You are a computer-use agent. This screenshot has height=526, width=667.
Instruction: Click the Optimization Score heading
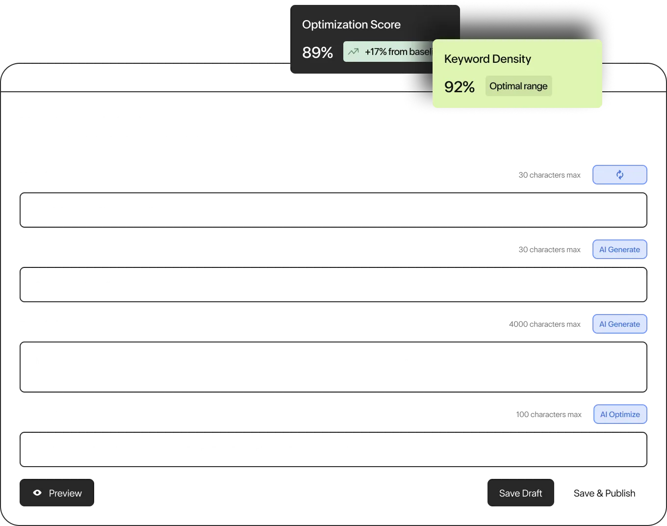click(x=351, y=25)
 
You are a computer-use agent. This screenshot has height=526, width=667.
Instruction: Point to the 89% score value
click(x=317, y=52)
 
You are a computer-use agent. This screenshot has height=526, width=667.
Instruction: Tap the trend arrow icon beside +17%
click(x=353, y=52)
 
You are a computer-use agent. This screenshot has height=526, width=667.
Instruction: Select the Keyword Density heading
click(x=487, y=59)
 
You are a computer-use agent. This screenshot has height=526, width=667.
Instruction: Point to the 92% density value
click(x=459, y=87)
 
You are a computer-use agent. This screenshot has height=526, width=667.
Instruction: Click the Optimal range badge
click(x=518, y=86)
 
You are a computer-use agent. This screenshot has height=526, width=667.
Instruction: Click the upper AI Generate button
click(x=619, y=249)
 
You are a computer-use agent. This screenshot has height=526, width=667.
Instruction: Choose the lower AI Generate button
click(x=619, y=324)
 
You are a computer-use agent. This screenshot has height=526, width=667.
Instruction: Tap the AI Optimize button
click(x=620, y=414)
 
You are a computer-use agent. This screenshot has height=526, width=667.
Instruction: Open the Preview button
click(x=57, y=493)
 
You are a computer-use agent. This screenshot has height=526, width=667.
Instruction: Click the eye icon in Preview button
click(x=37, y=493)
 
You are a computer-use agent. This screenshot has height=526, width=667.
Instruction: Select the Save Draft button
click(x=520, y=493)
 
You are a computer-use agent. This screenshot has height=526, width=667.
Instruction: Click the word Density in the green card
click(x=512, y=59)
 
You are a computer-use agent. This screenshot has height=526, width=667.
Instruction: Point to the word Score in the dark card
click(x=385, y=25)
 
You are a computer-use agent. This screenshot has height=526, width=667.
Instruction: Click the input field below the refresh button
click(x=333, y=210)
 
